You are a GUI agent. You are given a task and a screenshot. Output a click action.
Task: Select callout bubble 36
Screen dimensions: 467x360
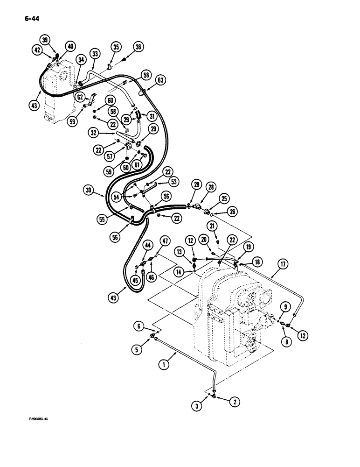[x=138, y=47]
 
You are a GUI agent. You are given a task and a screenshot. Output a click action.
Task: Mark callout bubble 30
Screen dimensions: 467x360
[x=89, y=190]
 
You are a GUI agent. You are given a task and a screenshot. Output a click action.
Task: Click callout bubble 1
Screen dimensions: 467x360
[x=163, y=366]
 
